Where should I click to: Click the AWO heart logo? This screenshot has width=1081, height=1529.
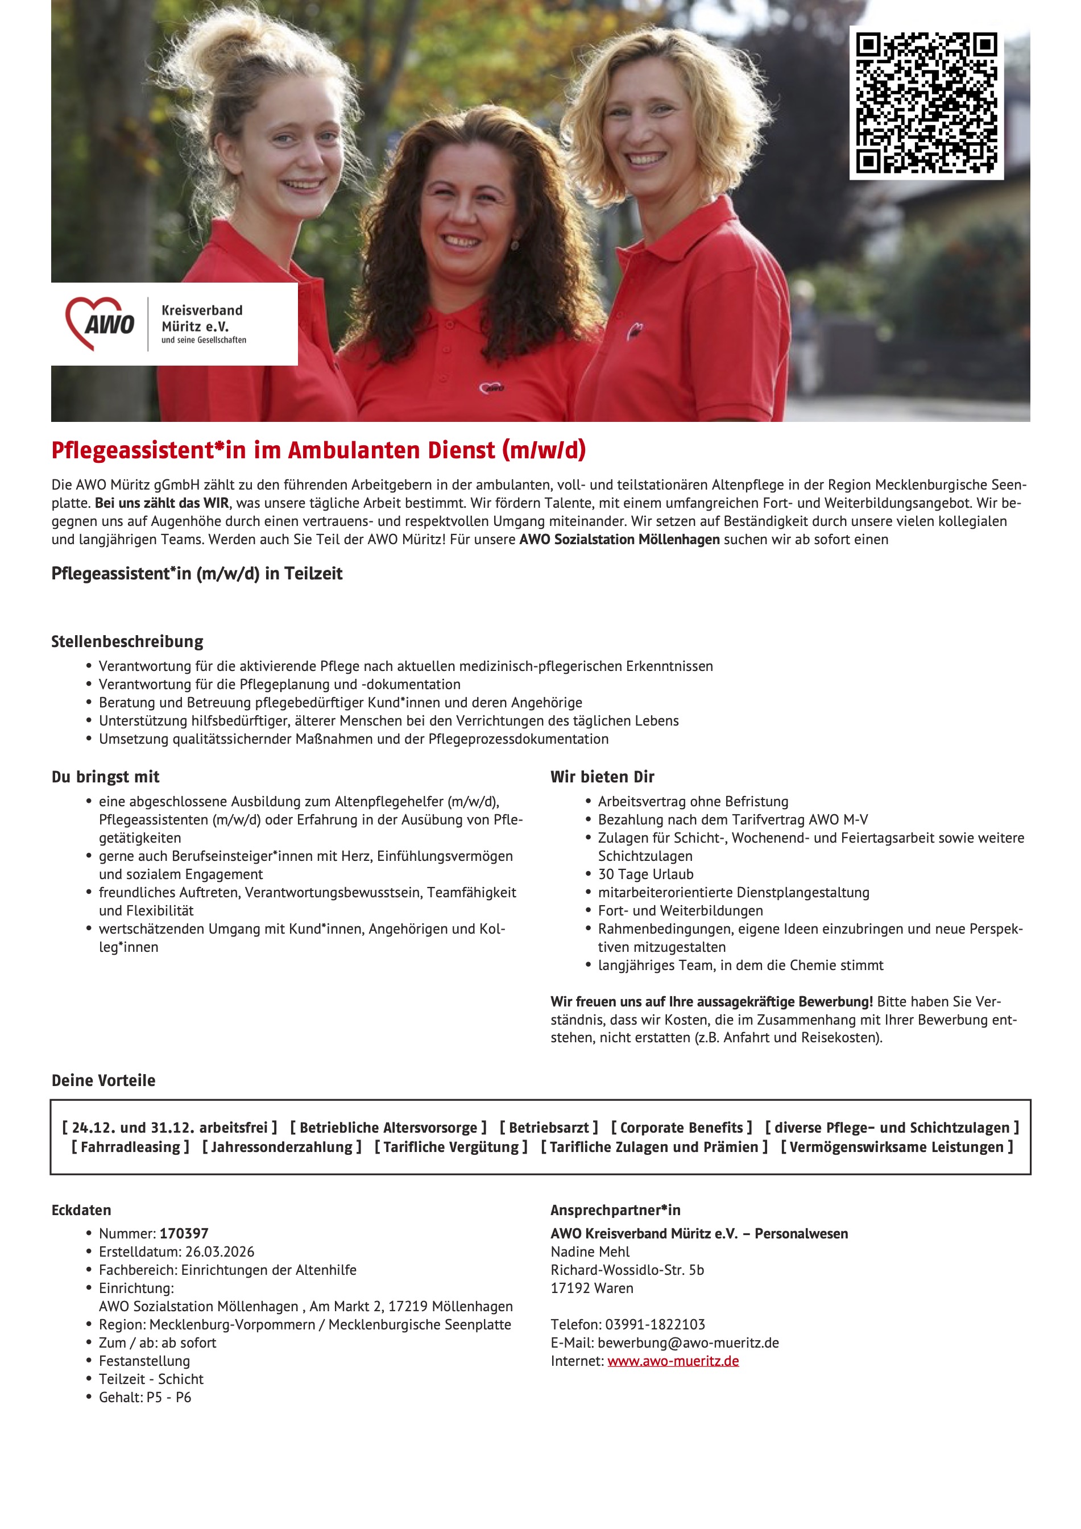pos(100,324)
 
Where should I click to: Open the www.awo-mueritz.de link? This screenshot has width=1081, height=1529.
pos(673,1361)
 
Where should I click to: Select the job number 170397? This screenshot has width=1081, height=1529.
pos(184,1233)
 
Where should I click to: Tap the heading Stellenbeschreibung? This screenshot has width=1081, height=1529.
pos(127,641)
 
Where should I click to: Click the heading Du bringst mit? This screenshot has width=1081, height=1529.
pos(105,777)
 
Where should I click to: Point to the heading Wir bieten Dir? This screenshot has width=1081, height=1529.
pos(602,777)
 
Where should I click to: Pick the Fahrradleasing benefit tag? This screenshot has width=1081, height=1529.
pos(131,1147)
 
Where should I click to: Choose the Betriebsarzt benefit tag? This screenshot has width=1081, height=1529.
pos(549,1128)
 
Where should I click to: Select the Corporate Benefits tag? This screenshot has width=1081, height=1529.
pos(681,1128)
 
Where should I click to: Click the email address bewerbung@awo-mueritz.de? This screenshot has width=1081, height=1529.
pos(688,1342)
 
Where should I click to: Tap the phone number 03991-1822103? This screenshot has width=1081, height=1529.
pos(655,1324)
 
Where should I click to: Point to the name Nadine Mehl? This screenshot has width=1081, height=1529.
pos(590,1252)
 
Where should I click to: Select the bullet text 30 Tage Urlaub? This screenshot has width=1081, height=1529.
pos(645,874)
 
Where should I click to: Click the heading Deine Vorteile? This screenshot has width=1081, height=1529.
pos(103,1080)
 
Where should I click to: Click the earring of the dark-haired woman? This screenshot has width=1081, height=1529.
pos(514,245)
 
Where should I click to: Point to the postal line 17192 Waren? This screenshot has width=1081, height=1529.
pos(592,1288)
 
